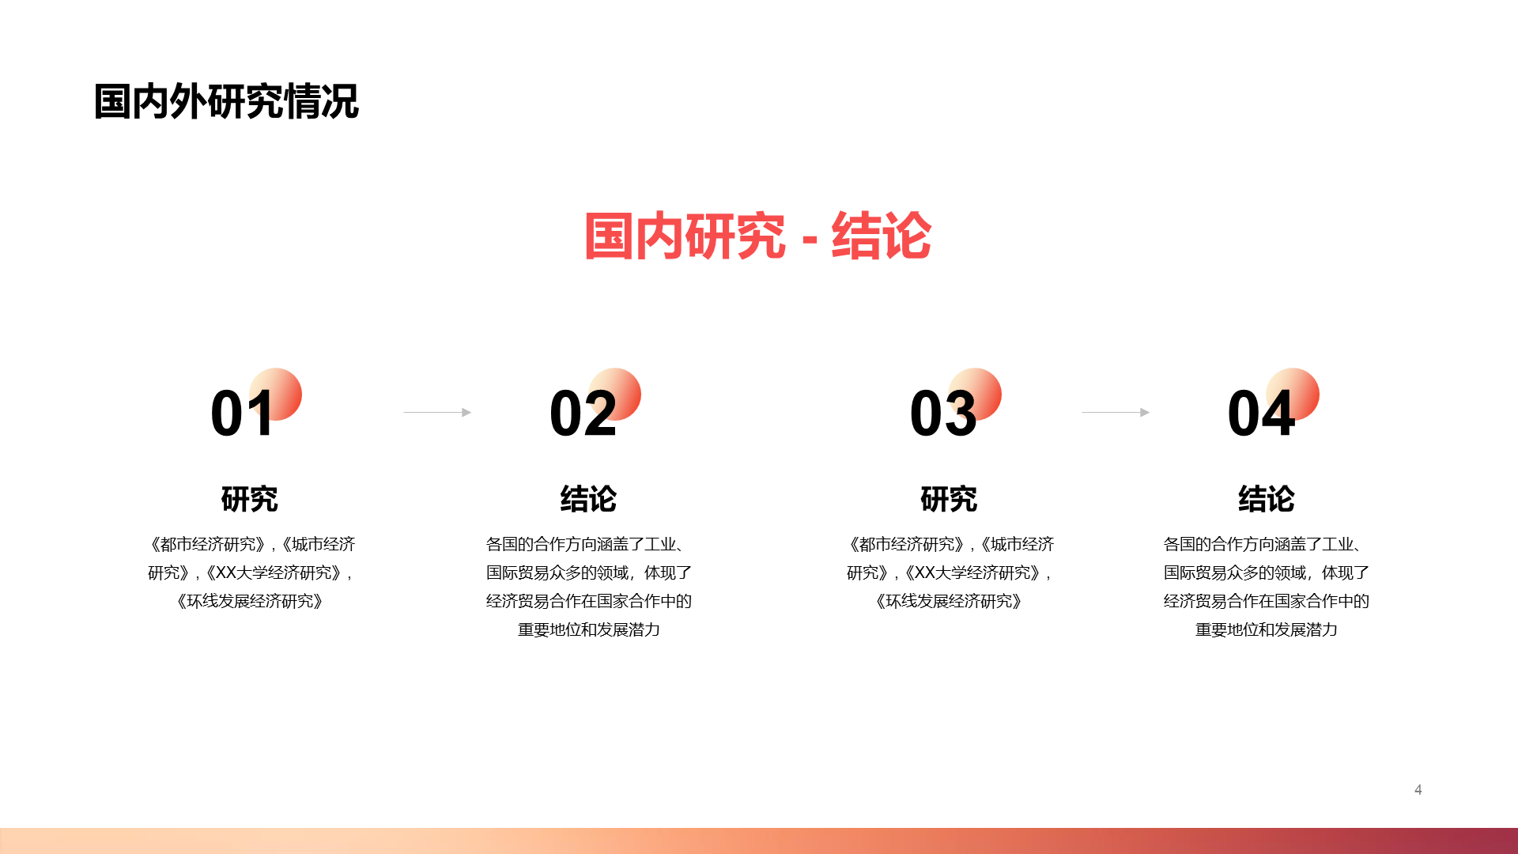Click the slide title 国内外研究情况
(226, 102)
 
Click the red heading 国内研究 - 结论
(757, 236)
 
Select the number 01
(242, 413)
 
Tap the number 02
(583, 413)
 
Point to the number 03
(943, 413)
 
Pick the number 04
(1261, 413)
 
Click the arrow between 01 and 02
(437, 412)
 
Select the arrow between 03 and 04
(1116, 412)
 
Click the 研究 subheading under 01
(250, 499)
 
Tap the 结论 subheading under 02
(588, 499)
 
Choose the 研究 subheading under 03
(949, 499)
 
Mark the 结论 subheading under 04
(1267, 499)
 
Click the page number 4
(1418, 790)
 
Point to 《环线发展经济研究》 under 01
(250, 602)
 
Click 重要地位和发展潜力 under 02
(589, 630)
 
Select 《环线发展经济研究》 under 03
(949, 602)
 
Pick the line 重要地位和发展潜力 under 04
(1267, 630)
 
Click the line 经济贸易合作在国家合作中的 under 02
(589, 602)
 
